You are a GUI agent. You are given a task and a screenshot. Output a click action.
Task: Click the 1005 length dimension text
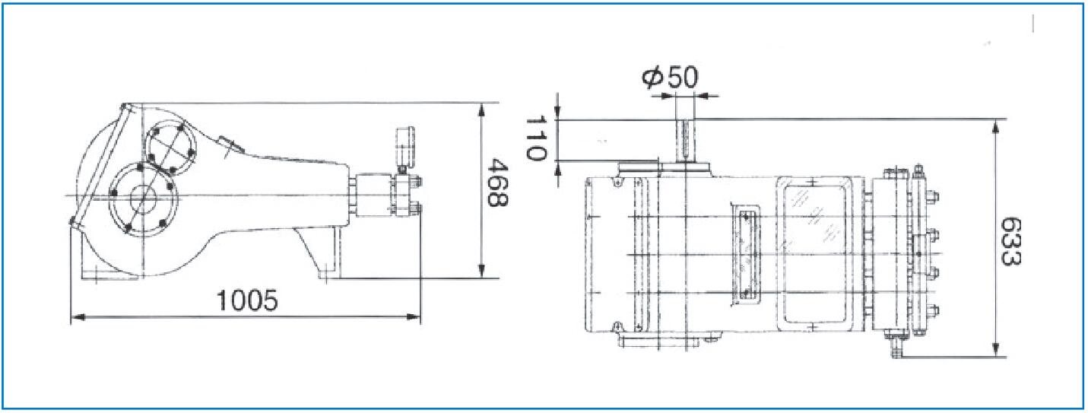pos(247,300)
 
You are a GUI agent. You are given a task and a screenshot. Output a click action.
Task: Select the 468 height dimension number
pos(497,183)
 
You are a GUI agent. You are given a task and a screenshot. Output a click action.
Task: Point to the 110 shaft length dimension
pos(536,138)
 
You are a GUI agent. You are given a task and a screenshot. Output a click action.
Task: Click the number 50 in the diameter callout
pos(683,77)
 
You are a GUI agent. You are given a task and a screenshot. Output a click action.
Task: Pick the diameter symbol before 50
pos(653,78)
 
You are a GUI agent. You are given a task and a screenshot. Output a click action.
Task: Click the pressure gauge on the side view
pos(404,146)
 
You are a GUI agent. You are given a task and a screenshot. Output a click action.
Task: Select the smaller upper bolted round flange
pos(171,147)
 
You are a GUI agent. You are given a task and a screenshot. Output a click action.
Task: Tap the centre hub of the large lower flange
pos(144,199)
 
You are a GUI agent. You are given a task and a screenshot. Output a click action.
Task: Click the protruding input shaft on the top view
pos(685,141)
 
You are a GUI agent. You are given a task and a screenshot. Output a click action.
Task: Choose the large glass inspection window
pos(814,254)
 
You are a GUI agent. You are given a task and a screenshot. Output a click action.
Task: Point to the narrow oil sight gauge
pos(744,255)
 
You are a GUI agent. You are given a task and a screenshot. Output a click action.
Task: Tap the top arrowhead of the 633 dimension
pos(996,127)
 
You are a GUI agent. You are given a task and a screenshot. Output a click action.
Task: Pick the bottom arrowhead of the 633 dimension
pos(996,350)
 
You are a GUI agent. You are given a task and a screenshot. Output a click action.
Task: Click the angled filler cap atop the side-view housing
pos(231,145)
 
